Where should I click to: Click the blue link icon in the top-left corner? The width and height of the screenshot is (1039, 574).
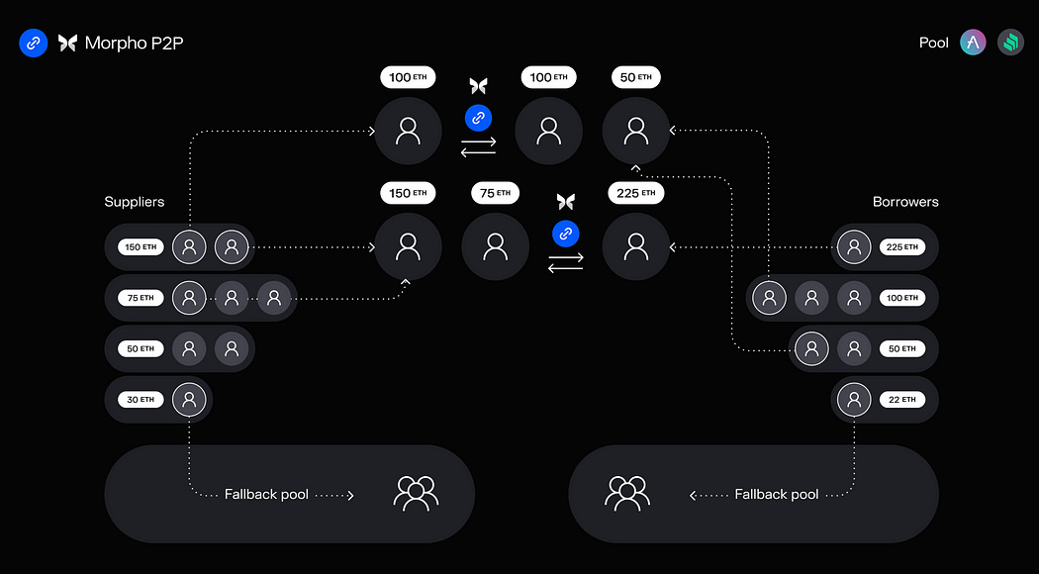point(34,43)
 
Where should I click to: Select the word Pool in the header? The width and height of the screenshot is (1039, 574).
point(933,43)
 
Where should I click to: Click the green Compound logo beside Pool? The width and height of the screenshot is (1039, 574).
point(1010,43)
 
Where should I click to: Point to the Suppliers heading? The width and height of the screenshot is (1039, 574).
point(135,202)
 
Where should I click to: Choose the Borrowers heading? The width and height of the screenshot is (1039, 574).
point(905,202)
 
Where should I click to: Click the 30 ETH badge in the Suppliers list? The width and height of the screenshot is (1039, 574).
point(141,400)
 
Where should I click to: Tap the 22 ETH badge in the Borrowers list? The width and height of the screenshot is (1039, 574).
point(901,400)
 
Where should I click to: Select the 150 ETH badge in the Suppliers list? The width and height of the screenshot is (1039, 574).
point(141,246)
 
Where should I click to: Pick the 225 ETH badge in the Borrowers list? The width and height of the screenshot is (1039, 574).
point(901,246)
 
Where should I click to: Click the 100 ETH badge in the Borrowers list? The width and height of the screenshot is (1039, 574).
point(901,298)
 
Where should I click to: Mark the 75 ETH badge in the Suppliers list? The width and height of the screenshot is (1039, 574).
point(141,298)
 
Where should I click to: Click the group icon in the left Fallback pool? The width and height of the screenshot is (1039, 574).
point(416,492)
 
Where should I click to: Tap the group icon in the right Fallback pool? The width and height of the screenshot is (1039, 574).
point(626,492)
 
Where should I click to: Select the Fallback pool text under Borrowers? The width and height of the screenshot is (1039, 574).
point(776,494)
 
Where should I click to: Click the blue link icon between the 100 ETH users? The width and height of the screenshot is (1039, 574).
point(478,118)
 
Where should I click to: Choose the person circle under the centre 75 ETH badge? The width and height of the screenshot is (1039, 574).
point(495,246)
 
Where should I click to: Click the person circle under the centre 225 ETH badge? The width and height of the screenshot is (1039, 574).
point(636,246)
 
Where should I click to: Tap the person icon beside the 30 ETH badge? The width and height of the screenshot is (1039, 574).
point(189,400)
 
